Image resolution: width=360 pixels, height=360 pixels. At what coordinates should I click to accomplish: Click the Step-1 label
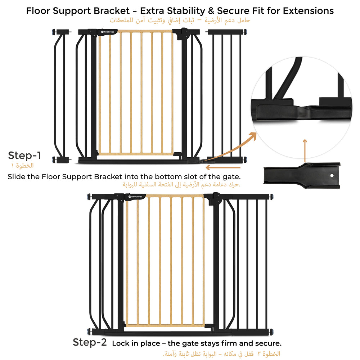24,156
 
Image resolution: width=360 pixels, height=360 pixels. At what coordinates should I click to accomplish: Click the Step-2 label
90,342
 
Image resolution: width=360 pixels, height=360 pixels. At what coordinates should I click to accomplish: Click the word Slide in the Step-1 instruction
17,177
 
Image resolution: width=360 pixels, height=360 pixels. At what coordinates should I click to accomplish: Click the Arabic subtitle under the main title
180,21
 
